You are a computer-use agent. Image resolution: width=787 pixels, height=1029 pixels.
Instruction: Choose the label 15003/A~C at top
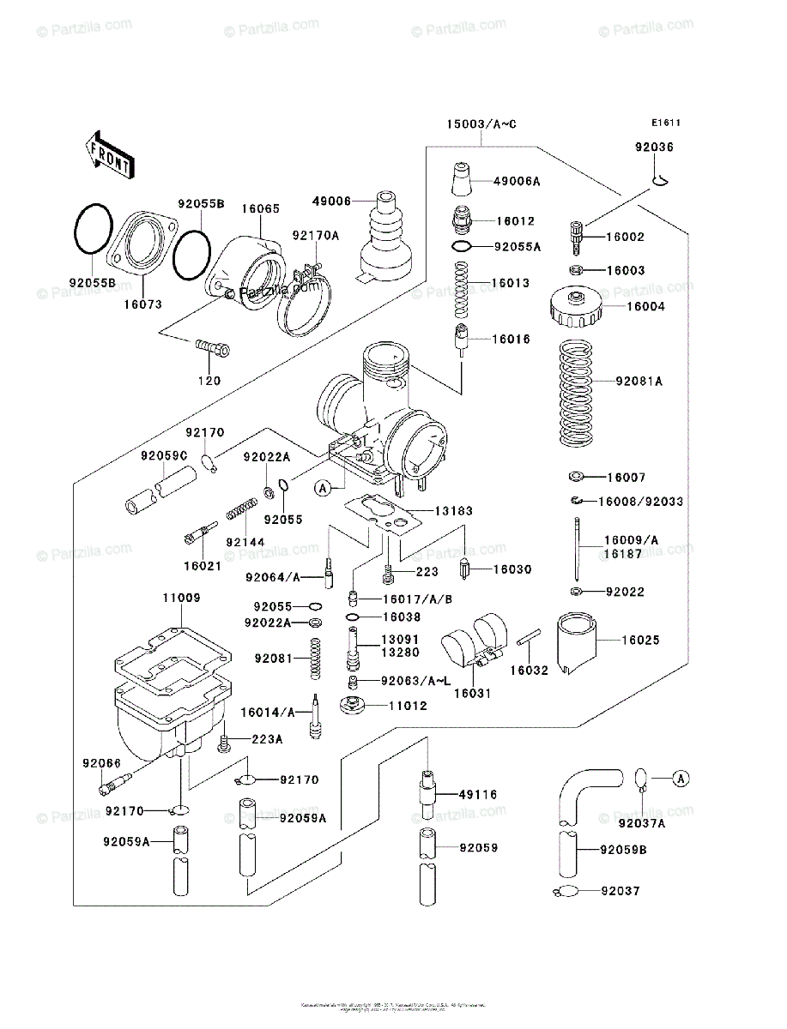coord(481,125)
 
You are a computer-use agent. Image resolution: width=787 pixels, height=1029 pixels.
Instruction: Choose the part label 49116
coord(478,795)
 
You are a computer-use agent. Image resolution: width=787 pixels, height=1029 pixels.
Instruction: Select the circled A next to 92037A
coord(680,779)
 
